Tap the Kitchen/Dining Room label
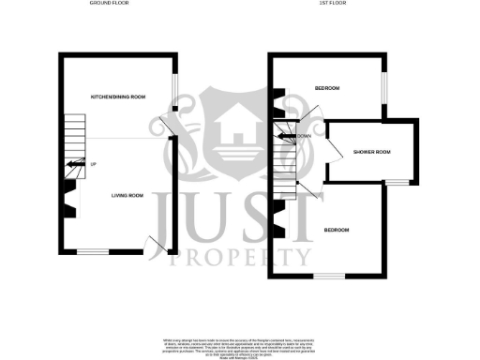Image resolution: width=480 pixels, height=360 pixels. click(117, 97)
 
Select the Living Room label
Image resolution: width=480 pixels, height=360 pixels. click(127, 195)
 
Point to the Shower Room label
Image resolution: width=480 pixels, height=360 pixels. click(369, 152)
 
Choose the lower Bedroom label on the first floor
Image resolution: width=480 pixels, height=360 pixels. click(337, 231)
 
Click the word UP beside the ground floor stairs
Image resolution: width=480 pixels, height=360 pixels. click(93, 165)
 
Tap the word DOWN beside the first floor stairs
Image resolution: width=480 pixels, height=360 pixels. click(304, 137)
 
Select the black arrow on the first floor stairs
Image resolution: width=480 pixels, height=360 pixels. click(282, 137)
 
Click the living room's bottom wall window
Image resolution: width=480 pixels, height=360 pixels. click(92, 251)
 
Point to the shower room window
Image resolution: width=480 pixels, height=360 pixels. click(398, 180)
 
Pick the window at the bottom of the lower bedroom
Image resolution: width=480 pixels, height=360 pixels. click(330, 276)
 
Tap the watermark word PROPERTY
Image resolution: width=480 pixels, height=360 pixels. click(238, 256)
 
